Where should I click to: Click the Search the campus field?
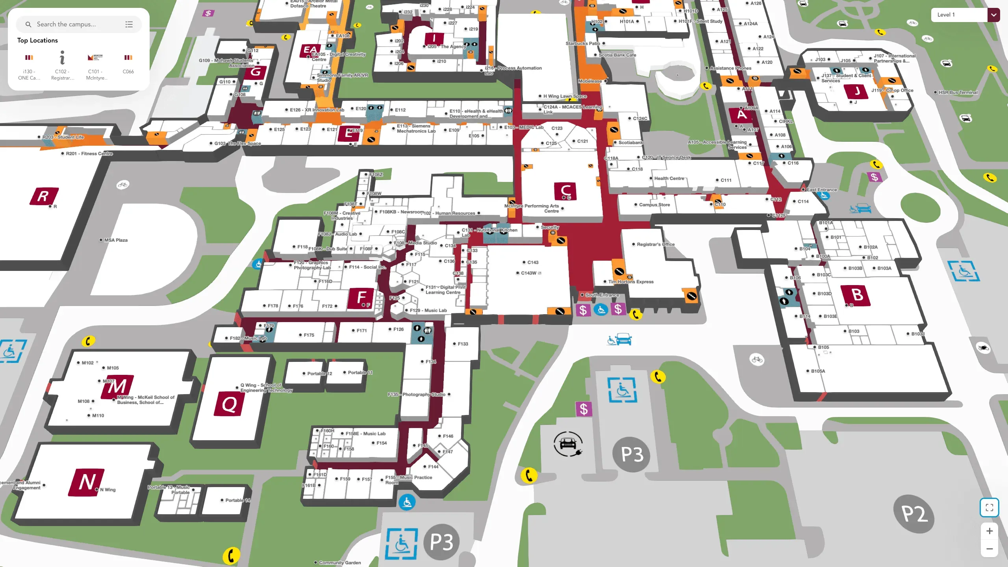coord(75,24)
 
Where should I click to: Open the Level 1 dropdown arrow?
coord(993,15)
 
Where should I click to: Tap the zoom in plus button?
coord(989,531)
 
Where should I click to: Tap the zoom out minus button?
coord(989,549)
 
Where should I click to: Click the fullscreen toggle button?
coord(989,508)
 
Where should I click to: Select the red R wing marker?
coord(44,196)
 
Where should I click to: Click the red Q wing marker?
coord(229,404)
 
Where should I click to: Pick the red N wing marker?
coord(87,482)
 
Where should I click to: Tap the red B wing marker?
coord(856,295)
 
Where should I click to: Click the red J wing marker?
coord(857,92)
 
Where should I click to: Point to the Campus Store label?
coord(654,205)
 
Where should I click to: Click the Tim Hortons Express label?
coord(630,282)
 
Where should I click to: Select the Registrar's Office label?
coord(655,245)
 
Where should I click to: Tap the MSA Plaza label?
coord(116,240)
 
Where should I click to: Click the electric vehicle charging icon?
coord(567,444)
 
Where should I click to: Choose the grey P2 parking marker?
coord(913,514)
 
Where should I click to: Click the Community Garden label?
coord(339,563)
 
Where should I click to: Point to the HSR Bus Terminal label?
coord(958,93)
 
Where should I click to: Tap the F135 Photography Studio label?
coord(417,395)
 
